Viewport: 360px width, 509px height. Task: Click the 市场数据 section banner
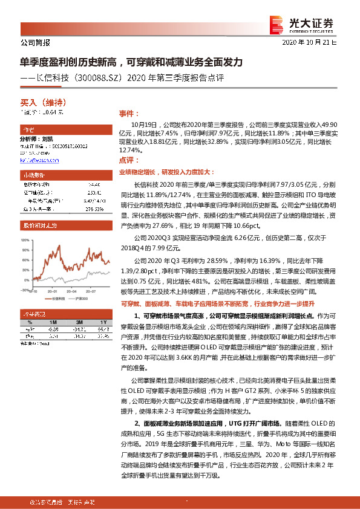[56, 174]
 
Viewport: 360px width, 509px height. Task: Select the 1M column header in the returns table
[53, 322]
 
